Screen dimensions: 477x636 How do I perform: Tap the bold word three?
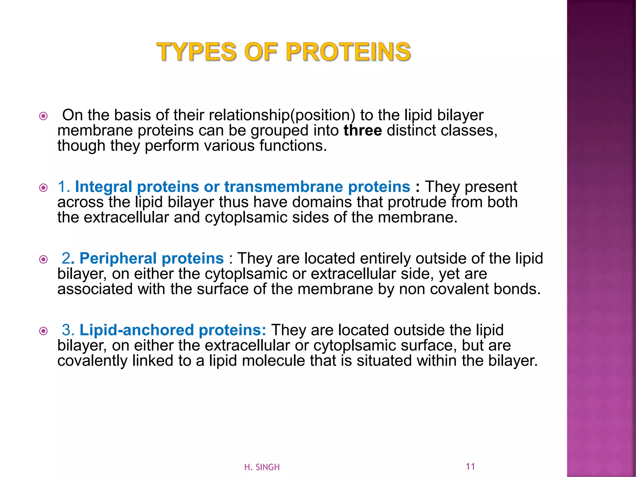[362, 130]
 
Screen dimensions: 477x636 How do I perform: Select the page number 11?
[470, 466]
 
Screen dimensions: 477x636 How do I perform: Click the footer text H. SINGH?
[262, 467]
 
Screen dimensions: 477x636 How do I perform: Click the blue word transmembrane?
[284, 187]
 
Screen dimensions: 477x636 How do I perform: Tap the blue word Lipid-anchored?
[137, 330]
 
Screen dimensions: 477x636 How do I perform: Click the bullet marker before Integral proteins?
[43, 188]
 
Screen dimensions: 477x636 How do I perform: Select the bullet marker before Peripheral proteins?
[43, 259]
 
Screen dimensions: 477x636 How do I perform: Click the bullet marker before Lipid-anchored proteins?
[43, 331]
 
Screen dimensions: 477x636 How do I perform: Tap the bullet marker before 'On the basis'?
[43, 116]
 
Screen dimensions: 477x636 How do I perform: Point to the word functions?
[293, 146]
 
